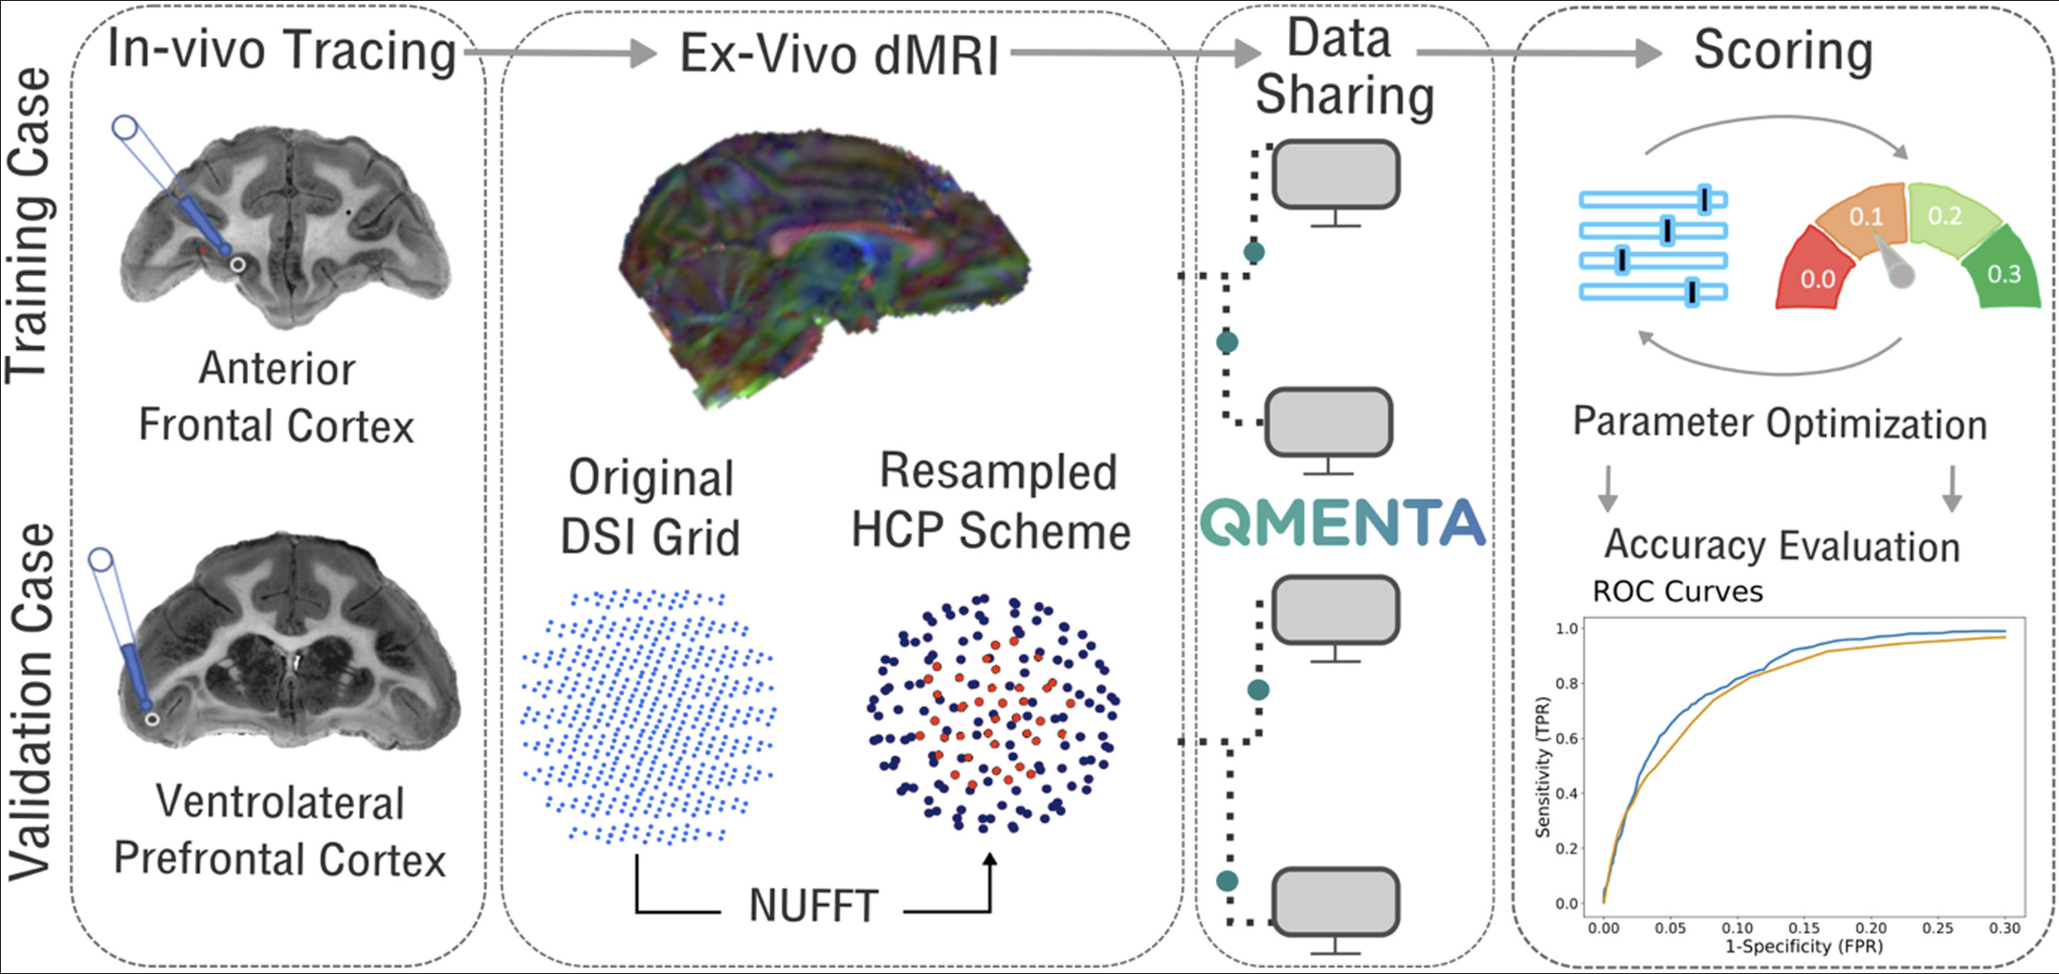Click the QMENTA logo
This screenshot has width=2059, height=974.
tap(1342, 523)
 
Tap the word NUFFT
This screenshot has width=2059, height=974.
tap(813, 906)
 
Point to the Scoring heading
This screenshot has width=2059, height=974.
tap(1783, 50)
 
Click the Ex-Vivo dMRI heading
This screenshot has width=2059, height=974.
tap(839, 54)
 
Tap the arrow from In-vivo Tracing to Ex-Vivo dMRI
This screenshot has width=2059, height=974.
tap(560, 53)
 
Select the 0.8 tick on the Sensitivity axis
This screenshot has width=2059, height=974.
tap(1566, 684)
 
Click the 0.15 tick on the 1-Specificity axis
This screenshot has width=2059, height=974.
tap(1803, 927)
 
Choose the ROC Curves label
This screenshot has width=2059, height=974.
tap(1677, 591)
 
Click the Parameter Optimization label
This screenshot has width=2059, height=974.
tap(1780, 423)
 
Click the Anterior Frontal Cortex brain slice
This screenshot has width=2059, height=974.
tap(286, 229)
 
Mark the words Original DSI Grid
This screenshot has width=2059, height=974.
tap(651, 508)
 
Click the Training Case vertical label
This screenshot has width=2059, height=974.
tap(29, 225)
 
